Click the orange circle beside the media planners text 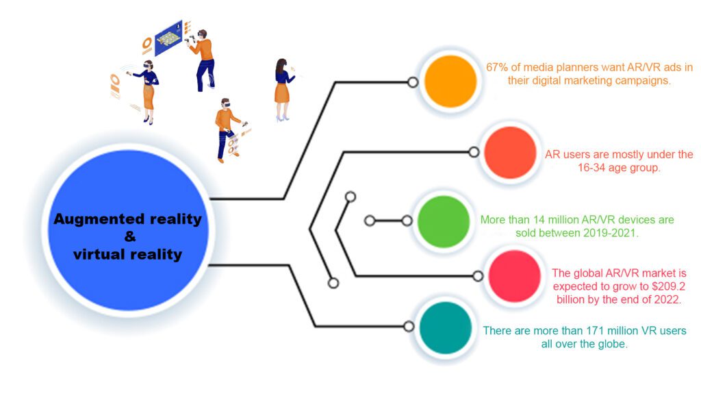pos(450,82)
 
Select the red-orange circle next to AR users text pos(510,153)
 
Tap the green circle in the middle pos(444,221)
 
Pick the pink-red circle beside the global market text pos(515,276)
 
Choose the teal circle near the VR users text pos(445,328)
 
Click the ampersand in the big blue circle pos(130,236)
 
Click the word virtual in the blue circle pos(101,254)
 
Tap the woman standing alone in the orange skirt pos(283,90)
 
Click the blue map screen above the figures pos(168,38)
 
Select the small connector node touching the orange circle pos(413,82)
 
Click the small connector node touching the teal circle pos(409,327)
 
